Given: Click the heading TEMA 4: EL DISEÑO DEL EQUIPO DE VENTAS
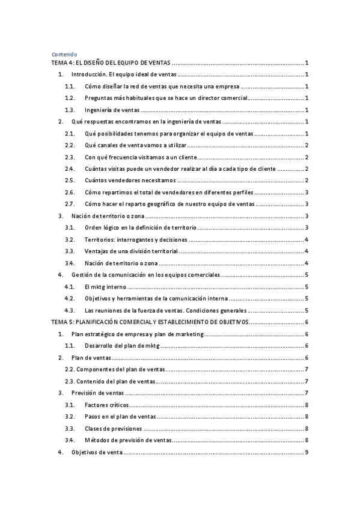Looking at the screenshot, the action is pyautogui.click(x=112, y=63).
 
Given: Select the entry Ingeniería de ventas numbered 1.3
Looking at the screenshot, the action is pyautogui.click(x=112, y=110).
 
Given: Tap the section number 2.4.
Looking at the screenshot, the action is pyautogui.click(x=70, y=169).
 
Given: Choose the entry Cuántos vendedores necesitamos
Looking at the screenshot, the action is pyautogui.click(x=130, y=180).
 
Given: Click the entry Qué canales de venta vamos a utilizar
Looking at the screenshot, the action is pyautogui.click(x=136, y=146).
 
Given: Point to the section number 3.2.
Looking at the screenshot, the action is pyautogui.click(x=70, y=239).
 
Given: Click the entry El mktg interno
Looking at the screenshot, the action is pyautogui.click(x=106, y=286).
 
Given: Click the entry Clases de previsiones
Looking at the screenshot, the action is pyautogui.click(x=114, y=428).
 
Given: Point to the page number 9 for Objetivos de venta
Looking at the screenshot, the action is pyautogui.click(x=307, y=452).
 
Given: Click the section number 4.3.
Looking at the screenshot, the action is pyautogui.click(x=70, y=310).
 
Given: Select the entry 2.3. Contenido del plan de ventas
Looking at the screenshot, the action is pyautogui.click(x=110, y=381).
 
